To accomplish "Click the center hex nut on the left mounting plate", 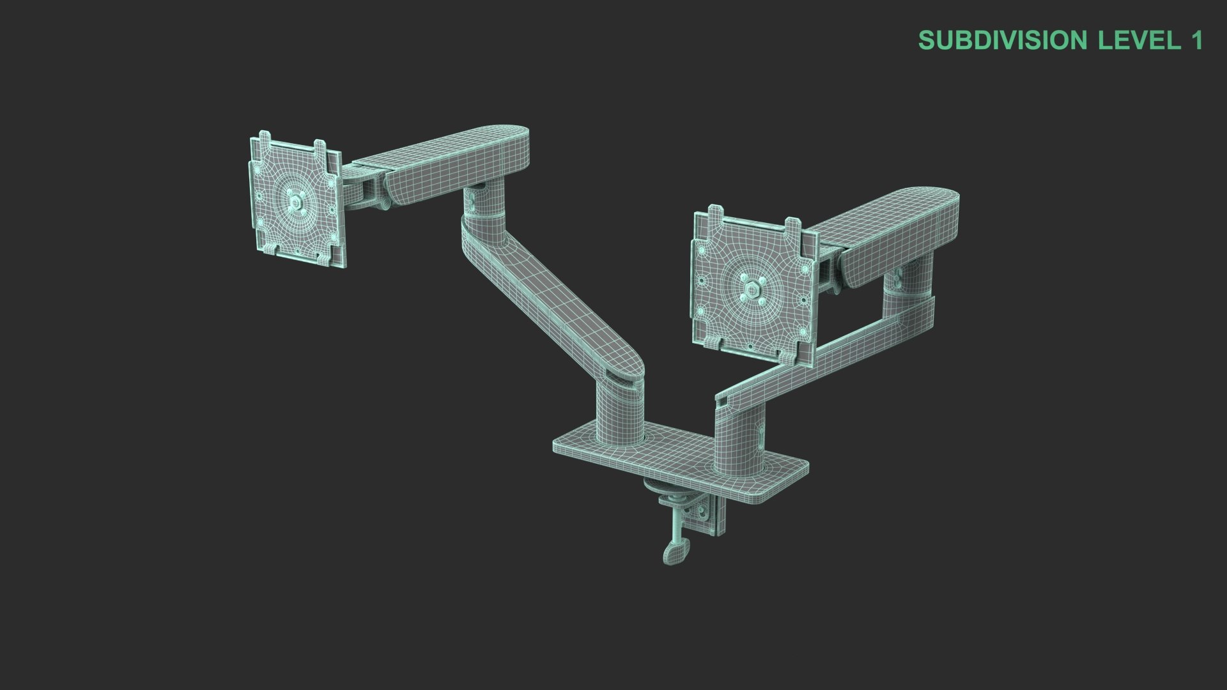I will [x=295, y=203].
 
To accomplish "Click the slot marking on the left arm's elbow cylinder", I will [x=471, y=202].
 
